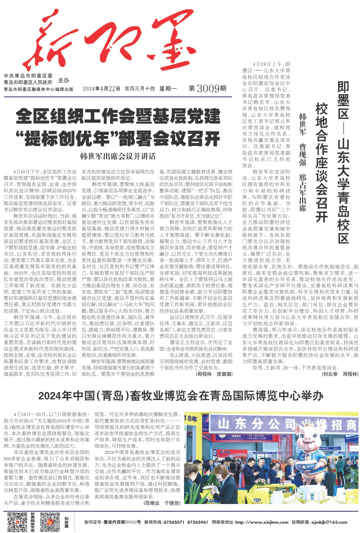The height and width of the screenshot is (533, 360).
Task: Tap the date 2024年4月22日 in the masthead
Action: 101,89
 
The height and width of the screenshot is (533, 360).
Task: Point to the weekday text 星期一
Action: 168,89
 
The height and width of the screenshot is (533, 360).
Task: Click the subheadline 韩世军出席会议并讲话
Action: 118,156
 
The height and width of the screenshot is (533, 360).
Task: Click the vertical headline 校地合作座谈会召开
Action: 322,162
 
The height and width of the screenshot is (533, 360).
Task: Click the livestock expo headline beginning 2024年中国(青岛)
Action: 181,396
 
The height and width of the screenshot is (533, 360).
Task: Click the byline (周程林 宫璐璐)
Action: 214,374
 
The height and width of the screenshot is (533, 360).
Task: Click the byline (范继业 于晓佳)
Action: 162,503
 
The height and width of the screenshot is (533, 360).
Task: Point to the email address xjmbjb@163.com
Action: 329,522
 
